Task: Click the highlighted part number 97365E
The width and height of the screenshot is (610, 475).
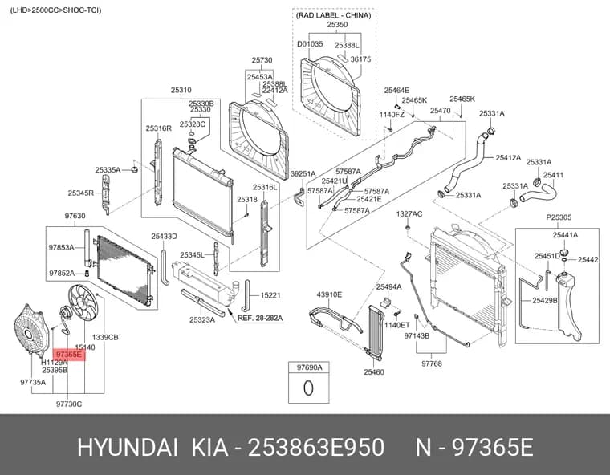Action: [x=69, y=355]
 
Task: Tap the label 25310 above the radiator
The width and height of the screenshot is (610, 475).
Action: [x=181, y=90]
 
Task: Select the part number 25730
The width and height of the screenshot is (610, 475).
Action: [x=262, y=60]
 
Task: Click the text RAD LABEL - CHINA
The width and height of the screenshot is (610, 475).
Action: [x=334, y=15]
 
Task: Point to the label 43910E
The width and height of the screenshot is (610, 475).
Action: [x=329, y=295]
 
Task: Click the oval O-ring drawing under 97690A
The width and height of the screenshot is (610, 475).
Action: [x=308, y=388]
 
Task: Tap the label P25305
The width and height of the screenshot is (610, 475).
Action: [x=559, y=217]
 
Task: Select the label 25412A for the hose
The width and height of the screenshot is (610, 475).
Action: [x=508, y=158]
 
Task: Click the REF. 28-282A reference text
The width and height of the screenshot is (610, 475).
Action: [x=260, y=319]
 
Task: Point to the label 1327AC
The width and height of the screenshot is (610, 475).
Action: [x=409, y=214]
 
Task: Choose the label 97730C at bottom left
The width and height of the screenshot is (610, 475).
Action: [x=69, y=404]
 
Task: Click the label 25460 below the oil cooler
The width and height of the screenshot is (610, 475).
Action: [x=374, y=372]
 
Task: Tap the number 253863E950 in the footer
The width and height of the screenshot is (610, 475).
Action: [x=316, y=448]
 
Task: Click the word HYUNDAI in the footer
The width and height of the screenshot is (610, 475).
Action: [x=128, y=448]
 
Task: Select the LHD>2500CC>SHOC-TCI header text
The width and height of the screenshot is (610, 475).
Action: [x=55, y=10]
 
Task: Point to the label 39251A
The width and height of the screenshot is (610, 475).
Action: [x=303, y=174]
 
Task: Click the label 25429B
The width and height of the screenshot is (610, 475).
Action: [x=545, y=300]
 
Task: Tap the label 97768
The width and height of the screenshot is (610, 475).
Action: [x=432, y=363]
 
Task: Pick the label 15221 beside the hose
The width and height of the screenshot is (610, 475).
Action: [x=270, y=295]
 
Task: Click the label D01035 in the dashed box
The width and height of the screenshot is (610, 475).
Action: [x=310, y=44]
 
